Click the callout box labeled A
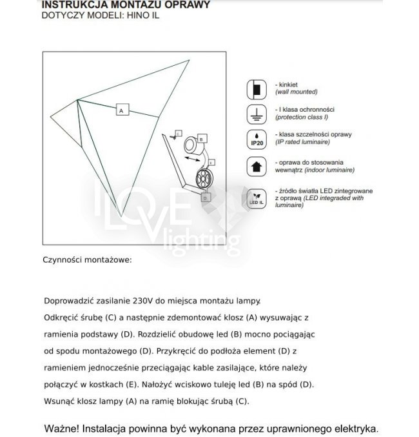pos(121,110)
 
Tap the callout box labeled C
pos(178,133)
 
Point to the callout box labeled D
pos(204,199)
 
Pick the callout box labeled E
pos(211,162)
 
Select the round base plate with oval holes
pos(204,179)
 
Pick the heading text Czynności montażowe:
pos(88,260)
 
